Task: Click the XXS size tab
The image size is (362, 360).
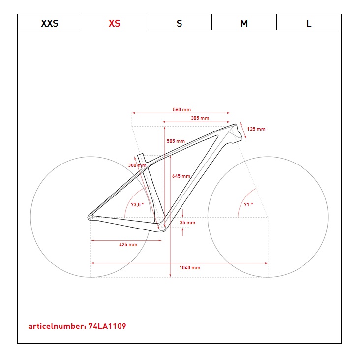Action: click(50, 22)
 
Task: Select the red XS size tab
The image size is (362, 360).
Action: click(114, 22)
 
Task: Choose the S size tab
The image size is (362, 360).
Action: click(179, 22)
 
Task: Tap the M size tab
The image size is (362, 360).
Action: click(244, 22)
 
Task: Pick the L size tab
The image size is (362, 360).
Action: click(309, 22)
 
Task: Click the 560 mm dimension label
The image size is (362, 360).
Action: click(181, 110)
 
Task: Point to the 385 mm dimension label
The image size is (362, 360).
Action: click(200, 118)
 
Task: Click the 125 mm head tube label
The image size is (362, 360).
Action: click(256, 129)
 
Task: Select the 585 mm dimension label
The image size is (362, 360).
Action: click(176, 141)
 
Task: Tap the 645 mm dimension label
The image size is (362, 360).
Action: click(181, 176)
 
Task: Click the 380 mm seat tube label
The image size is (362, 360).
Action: click(137, 165)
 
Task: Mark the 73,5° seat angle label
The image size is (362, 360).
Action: click(137, 205)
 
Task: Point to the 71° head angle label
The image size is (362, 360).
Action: click(248, 205)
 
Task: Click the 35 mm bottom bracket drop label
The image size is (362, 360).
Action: click(187, 223)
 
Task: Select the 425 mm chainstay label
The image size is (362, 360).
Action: click(128, 245)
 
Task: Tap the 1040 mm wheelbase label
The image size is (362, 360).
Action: click(190, 268)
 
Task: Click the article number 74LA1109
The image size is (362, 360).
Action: click(107, 326)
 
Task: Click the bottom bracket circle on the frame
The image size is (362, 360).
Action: click(162, 228)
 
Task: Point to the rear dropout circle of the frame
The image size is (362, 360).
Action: click(90, 217)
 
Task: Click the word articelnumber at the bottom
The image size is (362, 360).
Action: click(57, 326)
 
